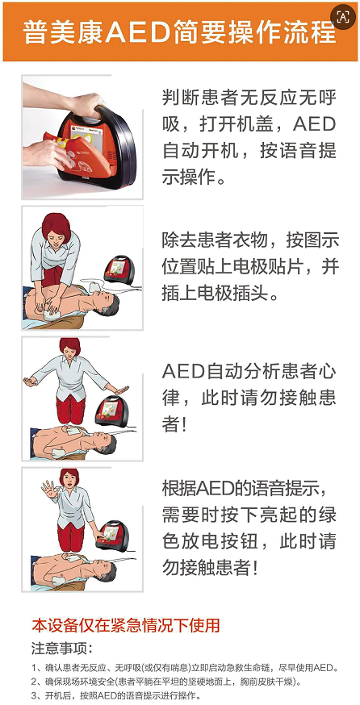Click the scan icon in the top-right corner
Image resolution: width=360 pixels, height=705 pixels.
click(343, 17)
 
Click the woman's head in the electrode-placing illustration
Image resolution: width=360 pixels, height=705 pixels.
click(57, 229)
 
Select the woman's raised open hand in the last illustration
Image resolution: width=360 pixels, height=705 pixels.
click(48, 489)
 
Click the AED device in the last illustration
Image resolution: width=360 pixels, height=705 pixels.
click(111, 535)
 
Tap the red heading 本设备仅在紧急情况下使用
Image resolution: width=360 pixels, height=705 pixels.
click(126, 625)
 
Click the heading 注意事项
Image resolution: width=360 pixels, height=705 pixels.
click(61, 649)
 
